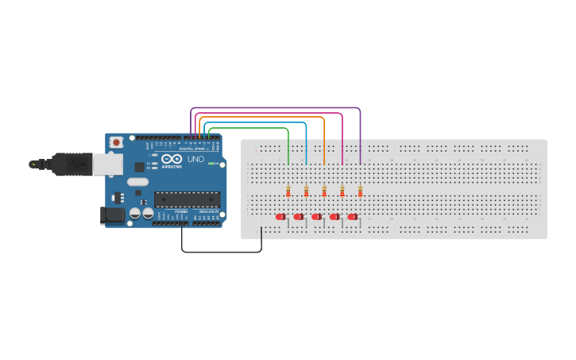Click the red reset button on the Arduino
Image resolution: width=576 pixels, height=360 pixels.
tap(117, 142)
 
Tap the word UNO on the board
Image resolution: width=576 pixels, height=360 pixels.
tap(195, 159)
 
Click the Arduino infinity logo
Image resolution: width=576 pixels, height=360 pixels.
tap(172, 159)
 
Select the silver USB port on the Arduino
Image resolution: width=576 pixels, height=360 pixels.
tap(107, 165)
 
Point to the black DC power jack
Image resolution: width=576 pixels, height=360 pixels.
tap(110, 215)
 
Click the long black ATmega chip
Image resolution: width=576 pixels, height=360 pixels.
tap(186, 199)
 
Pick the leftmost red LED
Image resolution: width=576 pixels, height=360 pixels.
tap(280, 216)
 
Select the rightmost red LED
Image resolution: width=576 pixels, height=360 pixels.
tap(352, 216)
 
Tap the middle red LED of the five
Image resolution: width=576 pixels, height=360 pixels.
tap(316, 216)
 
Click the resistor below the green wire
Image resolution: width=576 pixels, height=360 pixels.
tap(288, 191)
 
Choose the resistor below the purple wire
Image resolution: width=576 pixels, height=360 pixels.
tap(360, 191)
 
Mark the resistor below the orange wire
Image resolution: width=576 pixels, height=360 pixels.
tap(324, 191)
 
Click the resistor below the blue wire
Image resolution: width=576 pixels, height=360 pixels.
tap(306, 191)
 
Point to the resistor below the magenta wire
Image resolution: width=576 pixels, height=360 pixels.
tap(342, 191)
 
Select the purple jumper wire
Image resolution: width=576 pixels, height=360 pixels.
tap(278, 107)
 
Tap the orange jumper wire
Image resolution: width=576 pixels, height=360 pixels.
tap(262, 118)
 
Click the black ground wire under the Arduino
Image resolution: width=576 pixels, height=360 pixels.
tap(222, 252)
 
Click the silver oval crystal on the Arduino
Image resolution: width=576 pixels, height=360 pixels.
tap(137, 182)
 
